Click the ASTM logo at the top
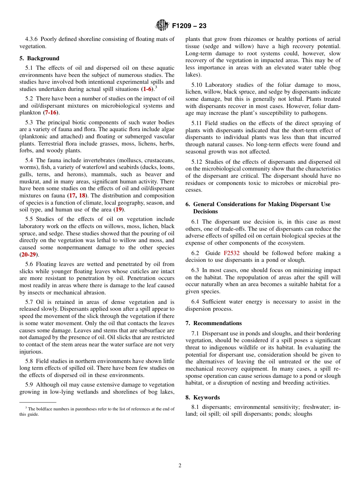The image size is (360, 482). point(162,26)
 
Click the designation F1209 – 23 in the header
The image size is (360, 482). point(189,26)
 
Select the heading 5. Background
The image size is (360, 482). point(39,58)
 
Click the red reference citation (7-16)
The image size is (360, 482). point(52,113)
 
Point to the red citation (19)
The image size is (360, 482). point(119,210)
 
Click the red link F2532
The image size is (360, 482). point(232,253)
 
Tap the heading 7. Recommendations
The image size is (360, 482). point(213,323)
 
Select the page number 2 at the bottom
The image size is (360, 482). point(180,466)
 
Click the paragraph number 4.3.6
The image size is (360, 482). point(32,39)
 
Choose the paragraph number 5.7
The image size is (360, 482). point(30,302)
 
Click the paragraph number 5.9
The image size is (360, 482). point(30,385)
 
